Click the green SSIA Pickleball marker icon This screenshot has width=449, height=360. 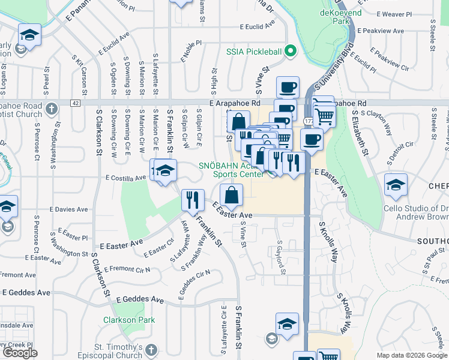coord(291,51)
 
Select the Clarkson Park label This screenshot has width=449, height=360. coord(129,320)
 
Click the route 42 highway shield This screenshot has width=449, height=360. coord(75,103)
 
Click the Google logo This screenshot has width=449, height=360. coord(20,353)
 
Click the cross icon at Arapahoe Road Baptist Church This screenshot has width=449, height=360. coord(52,109)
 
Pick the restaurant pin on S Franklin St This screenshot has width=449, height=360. coord(193,199)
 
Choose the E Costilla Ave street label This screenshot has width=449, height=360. coord(126,178)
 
